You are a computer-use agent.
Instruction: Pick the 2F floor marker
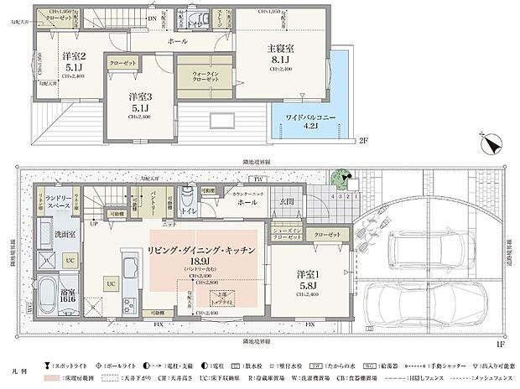pos(362,141)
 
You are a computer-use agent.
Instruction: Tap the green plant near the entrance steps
pos(340,179)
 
